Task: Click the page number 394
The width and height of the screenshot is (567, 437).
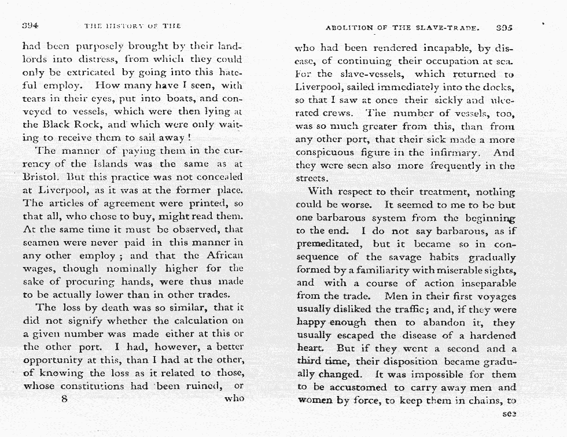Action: coord(30,26)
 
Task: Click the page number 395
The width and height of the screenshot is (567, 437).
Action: coord(505,27)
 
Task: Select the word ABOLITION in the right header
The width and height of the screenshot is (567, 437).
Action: coord(348,27)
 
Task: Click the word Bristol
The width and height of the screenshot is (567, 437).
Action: coord(39,177)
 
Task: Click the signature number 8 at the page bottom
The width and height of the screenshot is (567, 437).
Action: coord(65,399)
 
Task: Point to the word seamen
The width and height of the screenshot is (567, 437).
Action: coord(42,242)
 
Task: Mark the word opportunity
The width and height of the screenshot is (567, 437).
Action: coord(55,360)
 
